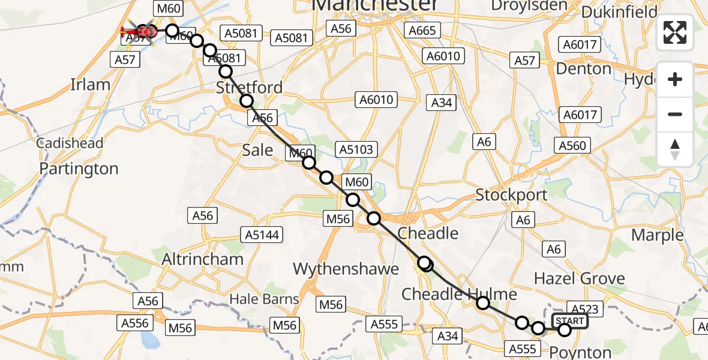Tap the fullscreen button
[675, 32]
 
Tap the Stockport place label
[511, 195]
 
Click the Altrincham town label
[202, 259]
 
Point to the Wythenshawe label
[346, 269]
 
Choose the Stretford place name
[249, 88]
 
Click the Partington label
[79, 169]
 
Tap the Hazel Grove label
[579, 278]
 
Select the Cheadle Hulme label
[459, 294]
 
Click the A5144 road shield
[262, 235]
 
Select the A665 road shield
[423, 30]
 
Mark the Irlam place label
[91, 85]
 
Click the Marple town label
[657, 235]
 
